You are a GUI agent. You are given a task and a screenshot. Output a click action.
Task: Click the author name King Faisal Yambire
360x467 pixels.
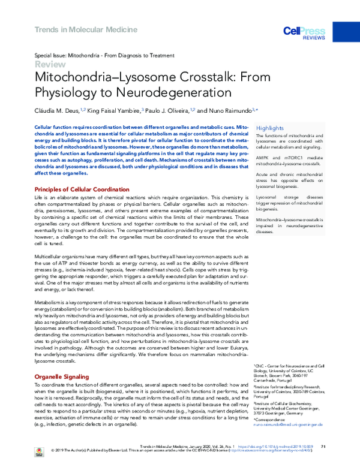[121, 111]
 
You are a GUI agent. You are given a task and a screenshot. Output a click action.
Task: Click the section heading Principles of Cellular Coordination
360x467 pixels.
[82, 189]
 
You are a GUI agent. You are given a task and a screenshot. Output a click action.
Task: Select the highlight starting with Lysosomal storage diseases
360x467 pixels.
[289, 203]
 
